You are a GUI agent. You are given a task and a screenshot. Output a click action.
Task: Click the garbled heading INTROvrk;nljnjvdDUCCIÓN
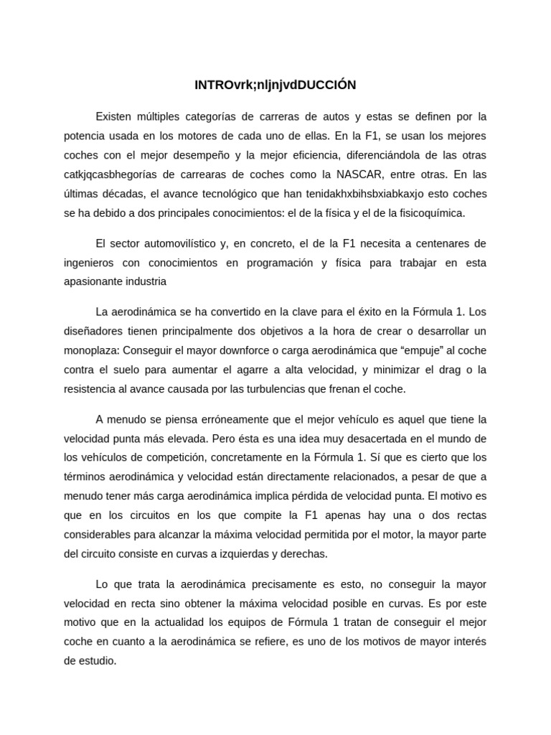click(x=275, y=85)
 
